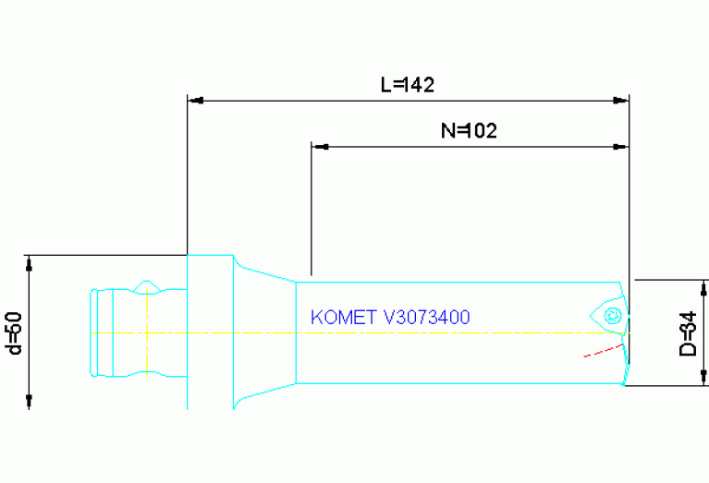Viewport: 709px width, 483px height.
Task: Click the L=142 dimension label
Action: coord(408,84)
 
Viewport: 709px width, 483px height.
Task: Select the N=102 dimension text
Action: coord(469,130)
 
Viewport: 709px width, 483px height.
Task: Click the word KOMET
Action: coord(338,318)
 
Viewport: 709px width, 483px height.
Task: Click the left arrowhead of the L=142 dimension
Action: coord(194,99)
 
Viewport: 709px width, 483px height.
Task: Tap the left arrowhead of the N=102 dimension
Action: coord(319,146)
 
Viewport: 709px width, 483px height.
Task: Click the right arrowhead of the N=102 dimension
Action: coord(622,146)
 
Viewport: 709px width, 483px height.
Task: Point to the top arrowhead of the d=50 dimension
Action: coord(31,262)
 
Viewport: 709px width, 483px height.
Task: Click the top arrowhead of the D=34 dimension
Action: coord(704,289)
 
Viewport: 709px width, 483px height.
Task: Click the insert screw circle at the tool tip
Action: coord(610,317)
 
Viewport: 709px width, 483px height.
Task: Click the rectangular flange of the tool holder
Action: coord(209,332)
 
